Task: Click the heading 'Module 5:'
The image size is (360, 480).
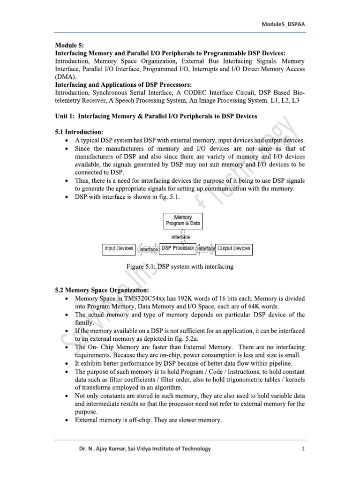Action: [69, 45]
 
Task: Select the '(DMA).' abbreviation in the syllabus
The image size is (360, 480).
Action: [65, 76]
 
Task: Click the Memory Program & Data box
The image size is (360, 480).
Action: [183, 221]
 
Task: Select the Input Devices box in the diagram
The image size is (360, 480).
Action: [119, 248]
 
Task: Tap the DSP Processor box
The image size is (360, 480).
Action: [178, 248]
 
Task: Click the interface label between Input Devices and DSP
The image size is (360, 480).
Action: [149, 249]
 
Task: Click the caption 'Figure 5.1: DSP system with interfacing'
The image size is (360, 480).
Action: [180, 267]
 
